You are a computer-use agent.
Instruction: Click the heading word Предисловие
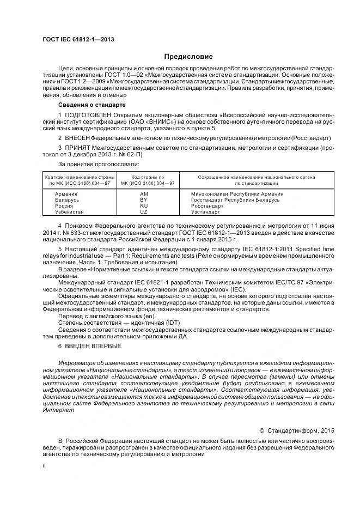(189, 57)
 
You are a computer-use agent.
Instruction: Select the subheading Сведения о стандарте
(92, 104)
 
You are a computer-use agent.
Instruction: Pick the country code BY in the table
(144, 200)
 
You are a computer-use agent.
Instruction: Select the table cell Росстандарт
(207, 206)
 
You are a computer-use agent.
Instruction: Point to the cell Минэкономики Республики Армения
(234, 194)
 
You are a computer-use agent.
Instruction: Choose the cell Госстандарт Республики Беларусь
(235, 200)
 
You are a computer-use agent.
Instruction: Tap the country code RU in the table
(144, 206)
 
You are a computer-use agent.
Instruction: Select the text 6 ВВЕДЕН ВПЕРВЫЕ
(90, 346)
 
